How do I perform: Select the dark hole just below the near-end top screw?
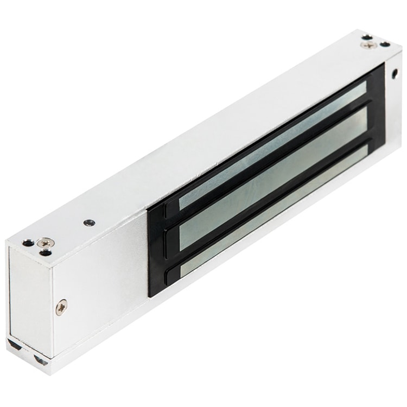click(46, 251)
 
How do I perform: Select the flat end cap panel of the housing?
click(30, 293)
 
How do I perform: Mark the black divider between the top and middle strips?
click(271, 157)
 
